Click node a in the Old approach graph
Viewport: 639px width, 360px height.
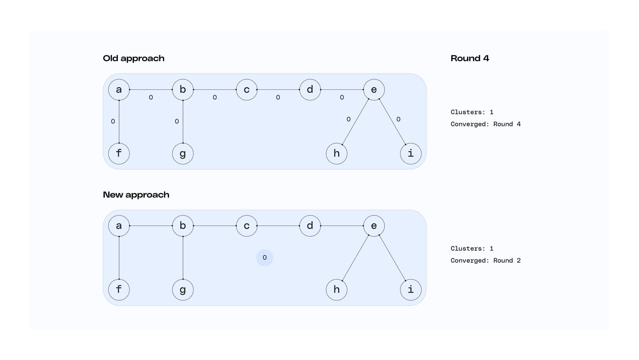click(x=119, y=90)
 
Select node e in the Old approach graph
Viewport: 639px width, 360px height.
click(x=374, y=90)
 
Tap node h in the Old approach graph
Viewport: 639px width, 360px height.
click(x=336, y=154)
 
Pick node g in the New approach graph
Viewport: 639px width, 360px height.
click(x=183, y=290)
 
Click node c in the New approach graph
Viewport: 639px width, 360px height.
click(x=247, y=226)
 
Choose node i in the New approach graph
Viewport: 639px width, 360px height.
click(x=411, y=290)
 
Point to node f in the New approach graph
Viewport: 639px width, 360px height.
click(x=119, y=290)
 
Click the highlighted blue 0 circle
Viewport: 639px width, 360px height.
click(x=265, y=258)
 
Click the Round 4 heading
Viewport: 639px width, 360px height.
click(x=470, y=58)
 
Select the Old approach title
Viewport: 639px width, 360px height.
click(x=133, y=58)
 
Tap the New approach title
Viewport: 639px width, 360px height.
click(x=136, y=195)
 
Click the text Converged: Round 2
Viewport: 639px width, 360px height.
click(x=485, y=260)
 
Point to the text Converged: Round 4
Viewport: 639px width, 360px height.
click(x=485, y=124)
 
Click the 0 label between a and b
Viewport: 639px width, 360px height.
click(x=151, y=98)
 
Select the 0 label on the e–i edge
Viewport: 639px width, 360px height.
click(x=398, y=119)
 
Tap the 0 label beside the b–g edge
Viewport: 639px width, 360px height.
click(x=177, y=122)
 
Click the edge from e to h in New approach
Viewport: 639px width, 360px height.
click(x=355, y=258)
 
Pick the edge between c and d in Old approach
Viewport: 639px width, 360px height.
click(x=278, y=90)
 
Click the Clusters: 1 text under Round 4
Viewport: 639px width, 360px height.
click(x=472, y=112)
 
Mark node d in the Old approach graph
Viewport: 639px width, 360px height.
click(x=310, y=90)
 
